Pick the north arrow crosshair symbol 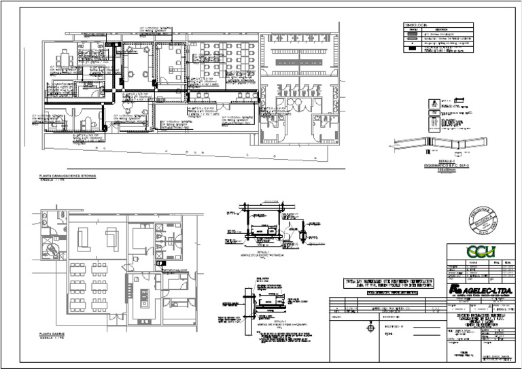[369, 328]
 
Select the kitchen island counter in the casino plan [144, 296]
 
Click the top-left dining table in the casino [76, 265]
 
